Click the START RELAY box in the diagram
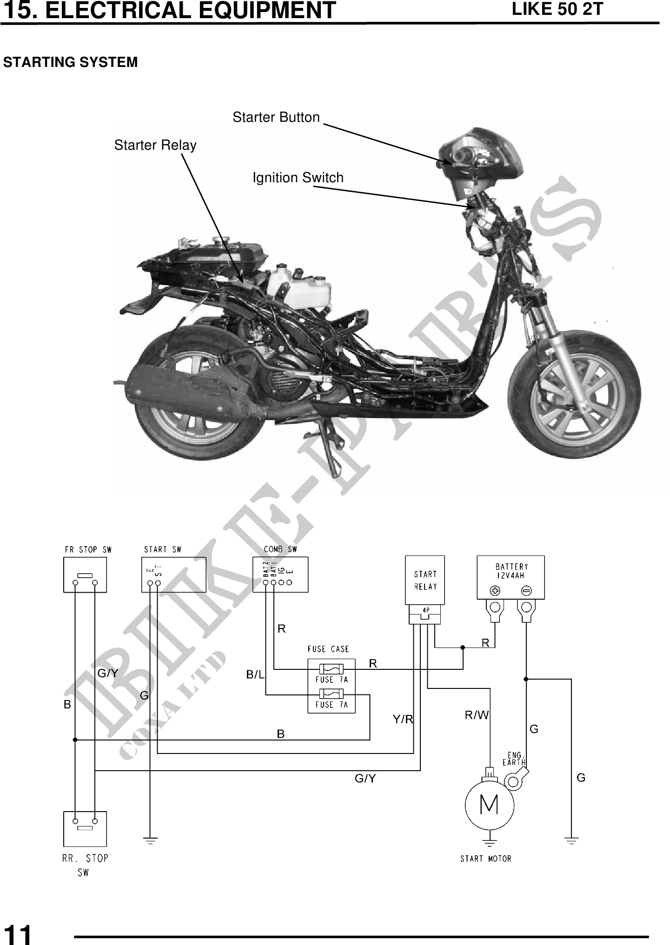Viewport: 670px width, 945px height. (425, 580)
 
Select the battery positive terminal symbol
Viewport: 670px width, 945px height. (495, 591)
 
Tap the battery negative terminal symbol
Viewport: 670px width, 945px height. (526, 591)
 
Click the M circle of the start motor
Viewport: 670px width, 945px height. (489, 805)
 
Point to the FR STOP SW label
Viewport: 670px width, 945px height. (88, 549)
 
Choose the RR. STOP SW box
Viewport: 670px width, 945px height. (85, 829)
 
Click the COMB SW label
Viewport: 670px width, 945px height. (280, 549)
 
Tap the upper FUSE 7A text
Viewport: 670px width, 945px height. (331, 680)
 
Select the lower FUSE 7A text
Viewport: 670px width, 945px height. (331, 705)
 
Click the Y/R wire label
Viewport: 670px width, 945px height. (403, 720)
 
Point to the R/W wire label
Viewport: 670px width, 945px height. (477, 715)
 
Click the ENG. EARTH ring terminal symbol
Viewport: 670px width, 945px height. (514, 781)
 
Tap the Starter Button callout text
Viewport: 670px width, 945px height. (276, 117)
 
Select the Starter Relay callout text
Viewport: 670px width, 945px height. (155, 145)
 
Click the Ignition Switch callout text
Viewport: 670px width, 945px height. (298, 178)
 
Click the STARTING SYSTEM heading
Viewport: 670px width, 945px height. (71, 62)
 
